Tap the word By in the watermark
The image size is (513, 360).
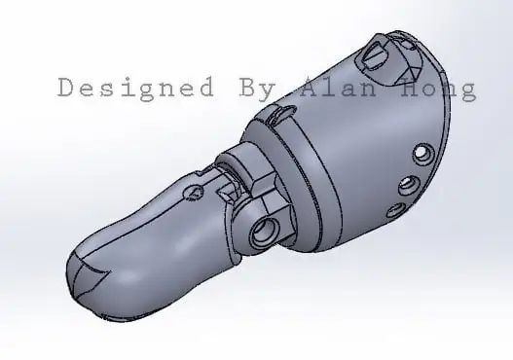tap(257, 88)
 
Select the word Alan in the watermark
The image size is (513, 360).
tap(338, 87)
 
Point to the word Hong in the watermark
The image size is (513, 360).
tap(439, 89)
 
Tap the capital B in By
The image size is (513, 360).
tap(247, 87)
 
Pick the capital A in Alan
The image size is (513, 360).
tap(310, 87)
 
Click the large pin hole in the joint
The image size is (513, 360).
tap(265, 231)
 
